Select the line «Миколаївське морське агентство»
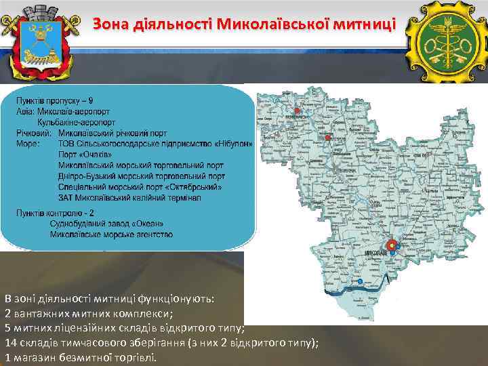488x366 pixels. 110,235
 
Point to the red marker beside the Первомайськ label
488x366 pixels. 296,110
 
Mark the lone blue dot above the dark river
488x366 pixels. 361,281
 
